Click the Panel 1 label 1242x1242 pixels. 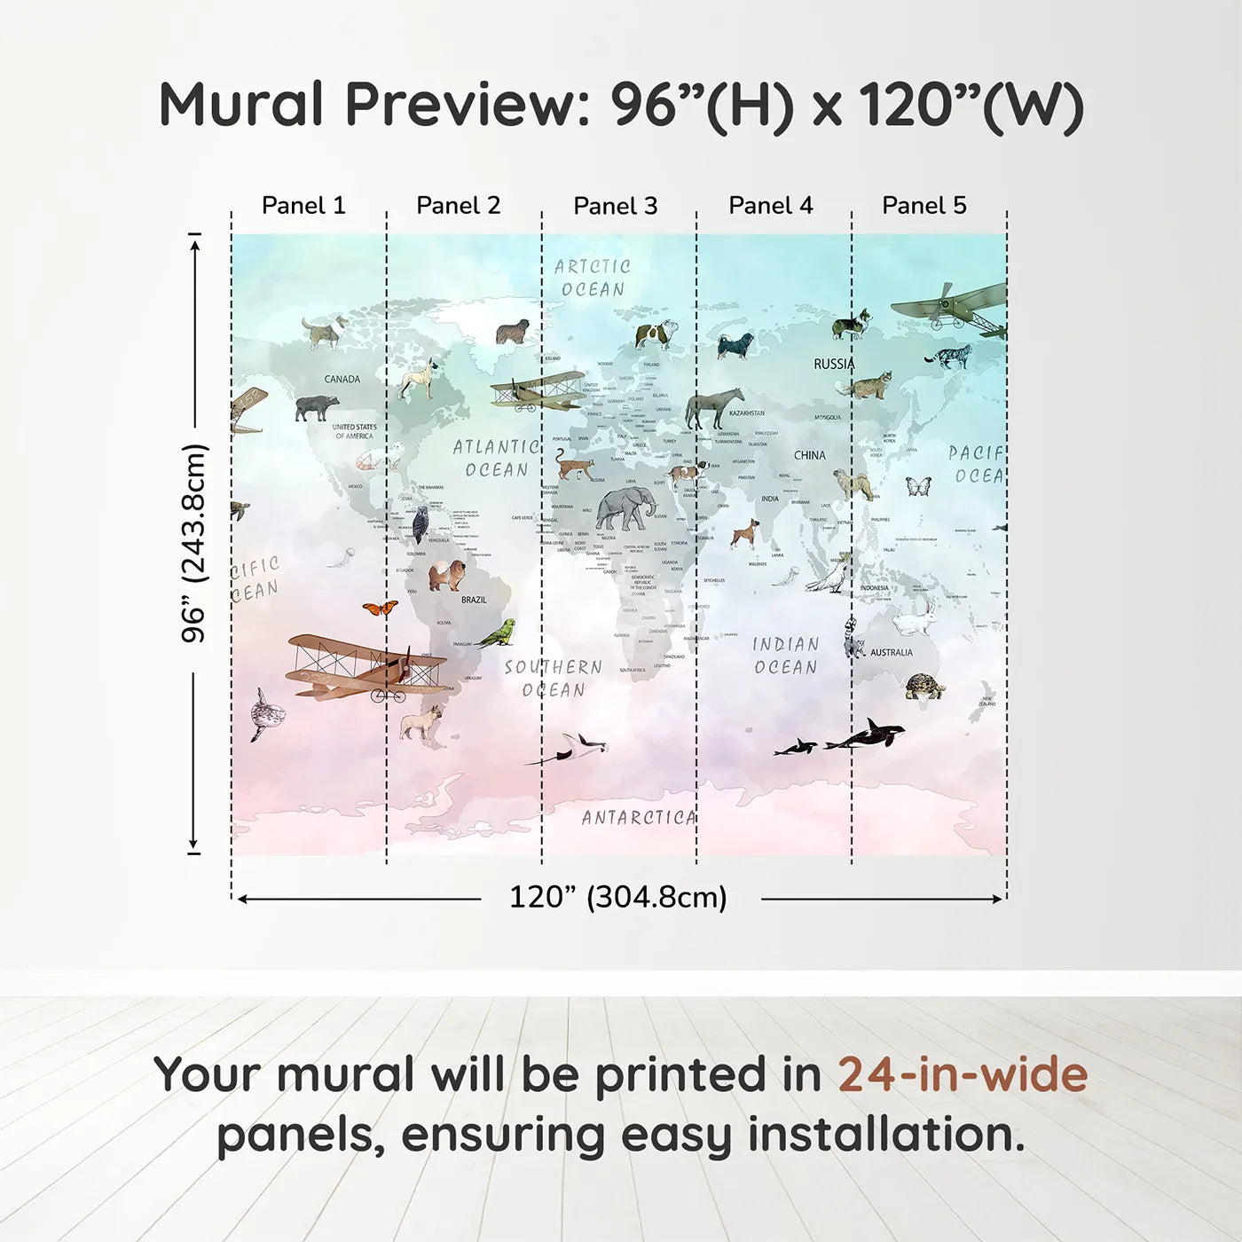pos(303,206)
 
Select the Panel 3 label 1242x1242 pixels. pos(616,207)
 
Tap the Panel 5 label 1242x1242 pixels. pos(924,206)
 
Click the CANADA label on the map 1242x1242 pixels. pos(342,380)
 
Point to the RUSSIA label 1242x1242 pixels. pos(834,364)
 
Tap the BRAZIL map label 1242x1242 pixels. pos(474,601)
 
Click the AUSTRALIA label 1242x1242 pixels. pos(891,653)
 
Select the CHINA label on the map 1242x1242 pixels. pos(809,455)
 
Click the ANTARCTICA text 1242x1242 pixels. pos(639,818)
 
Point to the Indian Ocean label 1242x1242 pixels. pos(786,656)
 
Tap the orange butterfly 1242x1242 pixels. pos(380,609)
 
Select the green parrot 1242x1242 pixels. pos(497,633)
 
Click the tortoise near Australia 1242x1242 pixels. pos(924,686)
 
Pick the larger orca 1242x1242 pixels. pos(868,735)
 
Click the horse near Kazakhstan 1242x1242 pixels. pos(712,408)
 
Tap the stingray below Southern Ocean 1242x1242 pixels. pos(572,748)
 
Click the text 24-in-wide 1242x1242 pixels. pos(963,1075)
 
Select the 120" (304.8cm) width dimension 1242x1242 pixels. pos(618,898)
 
